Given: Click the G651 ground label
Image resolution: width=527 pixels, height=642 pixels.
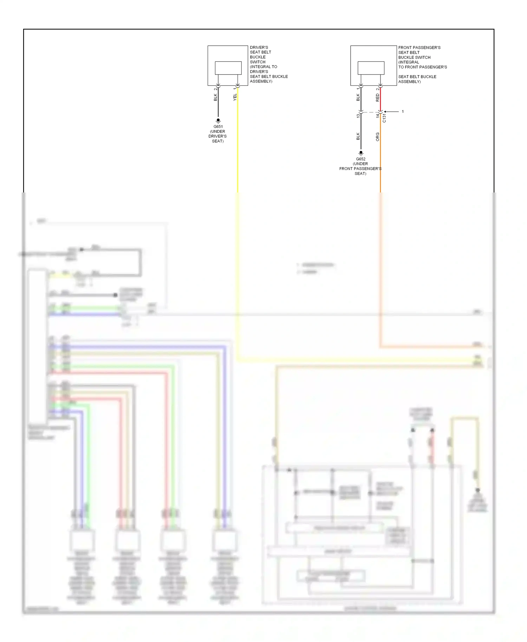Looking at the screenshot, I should pyautogui.click(x=218, y=127).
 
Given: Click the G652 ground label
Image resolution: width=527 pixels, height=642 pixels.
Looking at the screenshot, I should pyautogui.click(x=360, y=159).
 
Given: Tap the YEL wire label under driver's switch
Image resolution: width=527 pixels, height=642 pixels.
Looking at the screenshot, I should pyautogui.click(x=235, y=97).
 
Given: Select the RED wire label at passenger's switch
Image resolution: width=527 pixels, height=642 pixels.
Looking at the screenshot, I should pyautogui.click(x=378, y=98).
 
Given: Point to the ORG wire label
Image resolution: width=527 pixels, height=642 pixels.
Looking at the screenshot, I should pyautogui.click(x=378, y=137).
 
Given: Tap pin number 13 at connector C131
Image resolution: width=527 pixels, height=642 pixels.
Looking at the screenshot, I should pyautogui.click(x=358, y=116).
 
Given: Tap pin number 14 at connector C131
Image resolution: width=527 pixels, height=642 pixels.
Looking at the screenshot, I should pyautogui.click(x=378, y=116).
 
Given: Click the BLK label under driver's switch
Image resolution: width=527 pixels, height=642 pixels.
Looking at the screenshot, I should pyautogui.click(x=215, y=97).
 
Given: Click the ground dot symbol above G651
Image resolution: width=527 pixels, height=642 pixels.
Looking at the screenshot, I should pyautogui.click(x=218, y=120).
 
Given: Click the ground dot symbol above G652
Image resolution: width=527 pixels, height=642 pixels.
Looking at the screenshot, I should pyautogui.click(x=361, y=153).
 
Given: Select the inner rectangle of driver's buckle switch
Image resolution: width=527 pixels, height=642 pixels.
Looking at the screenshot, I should pyautogui.click(x=228, y=68).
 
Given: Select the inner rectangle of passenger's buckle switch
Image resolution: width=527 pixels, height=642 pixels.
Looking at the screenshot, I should pyautogui.click(x=371, y=68).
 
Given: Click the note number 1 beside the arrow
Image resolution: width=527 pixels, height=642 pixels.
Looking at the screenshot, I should pyautogui.click(x=403, y=112).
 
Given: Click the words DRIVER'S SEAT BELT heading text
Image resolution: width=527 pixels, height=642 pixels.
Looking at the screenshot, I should pyautogui.click(x=260, y=50).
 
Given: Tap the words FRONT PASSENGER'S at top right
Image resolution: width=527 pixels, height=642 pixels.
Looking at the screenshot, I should pyautogui.click(x=419, y=47).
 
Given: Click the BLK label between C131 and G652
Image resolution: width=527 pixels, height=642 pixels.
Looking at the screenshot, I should pyautogui.click(x=358, y=136).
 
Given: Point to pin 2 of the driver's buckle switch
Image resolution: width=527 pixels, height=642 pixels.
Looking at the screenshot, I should pyautogui.click(x=216, y=89).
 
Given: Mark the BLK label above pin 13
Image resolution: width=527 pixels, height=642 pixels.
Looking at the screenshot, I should pyautogui.click(x=358, y=97).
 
